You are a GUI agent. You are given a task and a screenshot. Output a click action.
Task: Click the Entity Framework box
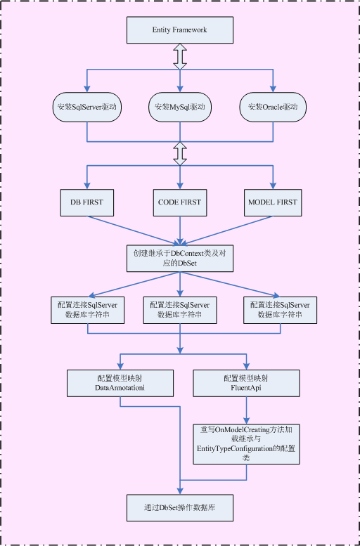pos(180,30)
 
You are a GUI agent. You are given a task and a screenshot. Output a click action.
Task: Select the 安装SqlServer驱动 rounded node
pos(86,108)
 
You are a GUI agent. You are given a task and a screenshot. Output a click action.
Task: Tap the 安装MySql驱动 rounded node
pos(180,108)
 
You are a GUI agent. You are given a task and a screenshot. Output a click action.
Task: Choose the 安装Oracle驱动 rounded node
pos(273,108)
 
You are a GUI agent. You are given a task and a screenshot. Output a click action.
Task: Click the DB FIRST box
pos(86,202)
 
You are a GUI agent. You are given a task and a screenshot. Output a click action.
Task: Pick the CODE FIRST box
pos(180,202)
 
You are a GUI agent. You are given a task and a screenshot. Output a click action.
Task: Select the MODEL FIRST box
pos(273,202)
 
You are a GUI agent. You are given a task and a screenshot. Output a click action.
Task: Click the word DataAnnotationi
pos(120,388)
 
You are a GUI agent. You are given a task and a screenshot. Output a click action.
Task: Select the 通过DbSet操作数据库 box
pos(180,507)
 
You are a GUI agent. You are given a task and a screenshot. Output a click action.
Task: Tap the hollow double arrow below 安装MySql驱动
pos(180,152)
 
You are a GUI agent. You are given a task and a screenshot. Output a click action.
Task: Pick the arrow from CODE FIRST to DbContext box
pos(180,230)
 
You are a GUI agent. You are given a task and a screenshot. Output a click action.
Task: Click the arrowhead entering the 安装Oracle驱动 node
pos(273,89)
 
